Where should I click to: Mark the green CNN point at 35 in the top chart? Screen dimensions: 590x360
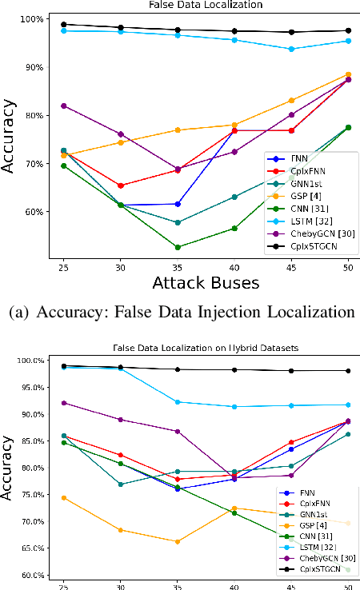[x=178, y=247]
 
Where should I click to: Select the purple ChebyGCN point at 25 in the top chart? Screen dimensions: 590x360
[x=63, y=106]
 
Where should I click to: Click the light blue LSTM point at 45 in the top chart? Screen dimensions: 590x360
[x=291, y=49]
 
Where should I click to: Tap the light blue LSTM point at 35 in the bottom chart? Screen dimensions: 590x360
[x=178, y=402]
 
